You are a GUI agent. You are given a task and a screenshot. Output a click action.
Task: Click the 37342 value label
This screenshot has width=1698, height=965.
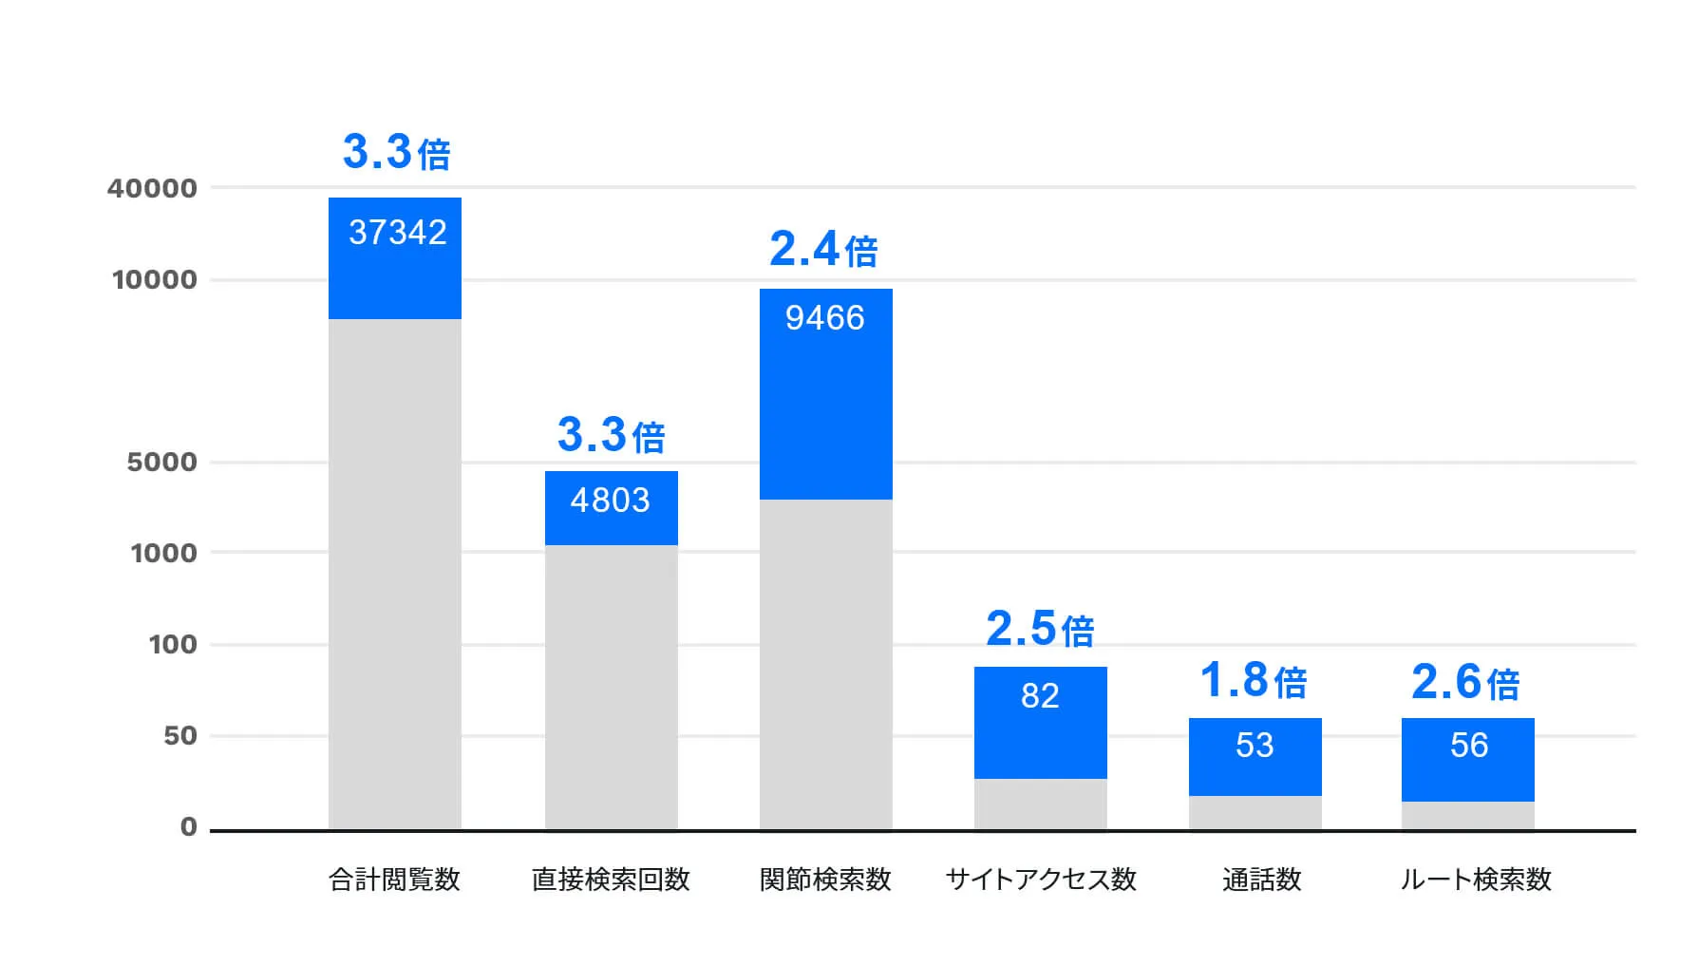[x=397, y=233]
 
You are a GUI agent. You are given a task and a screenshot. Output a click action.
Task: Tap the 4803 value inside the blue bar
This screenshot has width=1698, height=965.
[x=610, y=501]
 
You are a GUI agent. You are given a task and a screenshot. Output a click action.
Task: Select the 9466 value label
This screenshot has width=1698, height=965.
[x=824, y=318]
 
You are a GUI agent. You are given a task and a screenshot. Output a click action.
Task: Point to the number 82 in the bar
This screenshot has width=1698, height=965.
[x=1040, y=696]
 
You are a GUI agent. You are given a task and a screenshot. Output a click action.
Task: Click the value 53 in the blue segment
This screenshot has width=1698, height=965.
[x=1255, y=746]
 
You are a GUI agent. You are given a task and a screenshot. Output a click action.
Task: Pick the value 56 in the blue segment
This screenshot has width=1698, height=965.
[x=1468, y=746]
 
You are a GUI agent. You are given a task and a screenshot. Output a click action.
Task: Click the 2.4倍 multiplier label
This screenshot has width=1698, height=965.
[x=823, y=250]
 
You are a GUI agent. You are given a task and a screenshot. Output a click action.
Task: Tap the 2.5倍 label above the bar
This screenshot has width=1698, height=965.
[x=1040, y=629]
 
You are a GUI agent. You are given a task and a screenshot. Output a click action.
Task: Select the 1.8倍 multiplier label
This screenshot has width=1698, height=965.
[x=1254, y=681]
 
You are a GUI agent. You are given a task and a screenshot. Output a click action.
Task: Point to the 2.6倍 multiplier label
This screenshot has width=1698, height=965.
[x=1465, y=683]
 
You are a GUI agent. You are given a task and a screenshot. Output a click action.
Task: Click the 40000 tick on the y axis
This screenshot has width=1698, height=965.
[x=153, y=188]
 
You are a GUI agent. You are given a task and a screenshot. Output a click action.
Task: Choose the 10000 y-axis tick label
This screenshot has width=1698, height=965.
[x=155, y=280]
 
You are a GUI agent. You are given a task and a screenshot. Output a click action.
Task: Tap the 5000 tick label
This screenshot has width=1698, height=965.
[x=162, y=463]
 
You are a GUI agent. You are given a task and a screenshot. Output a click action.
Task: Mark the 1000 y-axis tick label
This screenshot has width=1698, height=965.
[x=163, y=553]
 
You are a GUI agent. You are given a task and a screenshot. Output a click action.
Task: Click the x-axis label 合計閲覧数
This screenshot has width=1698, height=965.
[x=394, y=880]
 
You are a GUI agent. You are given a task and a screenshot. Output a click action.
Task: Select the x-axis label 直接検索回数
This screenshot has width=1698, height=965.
[x=611, y=880]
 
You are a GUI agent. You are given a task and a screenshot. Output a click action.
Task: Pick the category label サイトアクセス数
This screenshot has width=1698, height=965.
[x=1041, y=880]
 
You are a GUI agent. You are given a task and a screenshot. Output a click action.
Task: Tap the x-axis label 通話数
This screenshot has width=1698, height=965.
[x=1261, y=880]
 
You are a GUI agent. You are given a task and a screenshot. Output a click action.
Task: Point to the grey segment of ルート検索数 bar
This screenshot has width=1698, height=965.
[x=1467, y=816]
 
